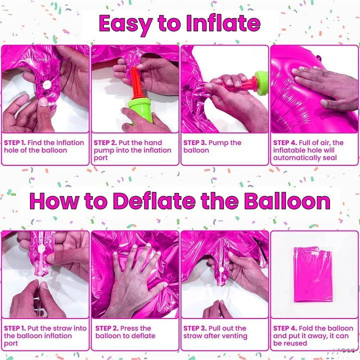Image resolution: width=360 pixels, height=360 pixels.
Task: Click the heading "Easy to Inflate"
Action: click(179, 23)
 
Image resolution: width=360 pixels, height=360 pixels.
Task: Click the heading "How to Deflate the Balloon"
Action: click(179, 201)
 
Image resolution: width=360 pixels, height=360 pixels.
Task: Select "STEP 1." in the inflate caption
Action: click(14, 142)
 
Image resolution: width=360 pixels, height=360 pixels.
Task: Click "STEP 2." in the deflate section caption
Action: click(106, 328)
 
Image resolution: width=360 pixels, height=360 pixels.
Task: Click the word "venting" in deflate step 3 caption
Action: click(233, 336)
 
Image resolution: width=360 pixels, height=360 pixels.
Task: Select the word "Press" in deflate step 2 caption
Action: click(130, 328)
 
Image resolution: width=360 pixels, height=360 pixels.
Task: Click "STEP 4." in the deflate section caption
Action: click(285, 328)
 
